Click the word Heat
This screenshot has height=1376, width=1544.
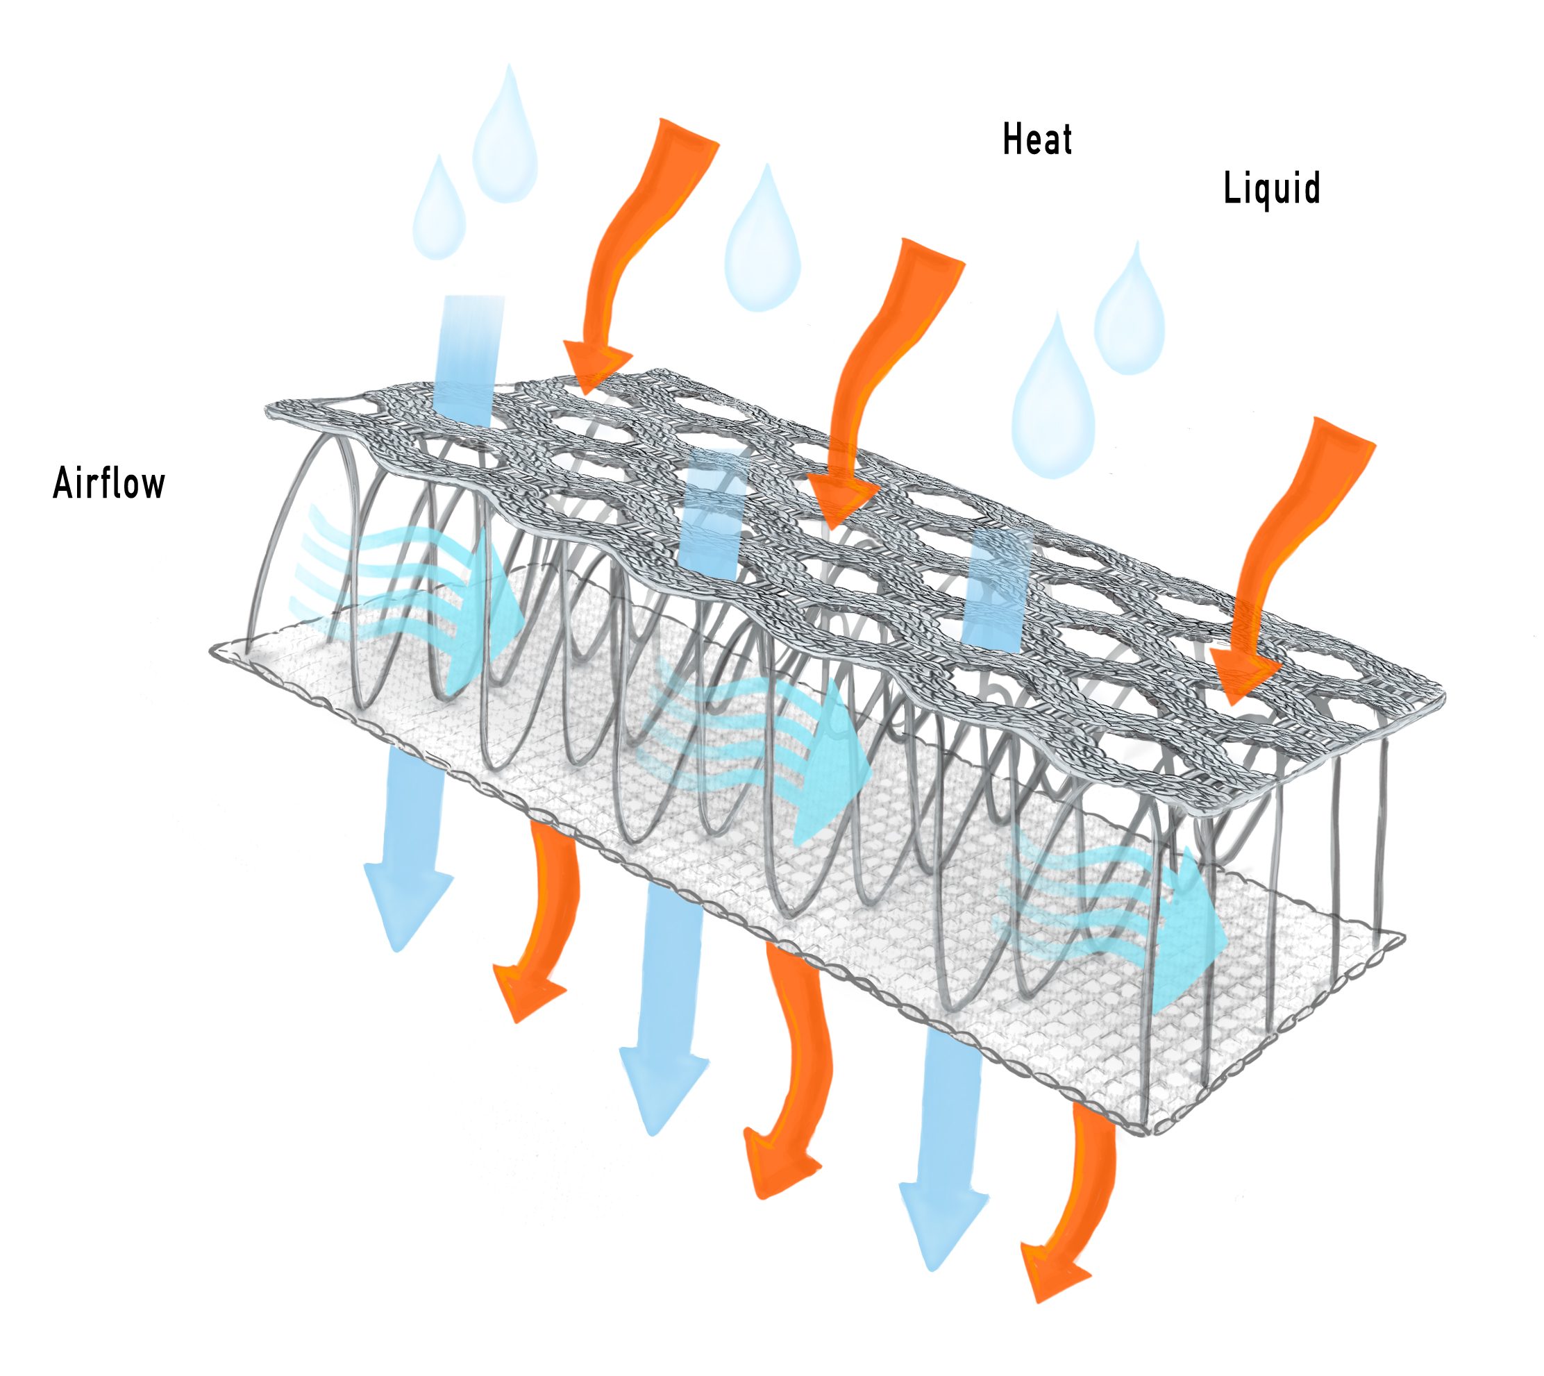pos(1037,140)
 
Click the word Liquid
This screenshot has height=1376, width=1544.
pos(1272,189)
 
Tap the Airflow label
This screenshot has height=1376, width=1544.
pos(109,483)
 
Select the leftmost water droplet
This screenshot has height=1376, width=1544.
pos(439,209)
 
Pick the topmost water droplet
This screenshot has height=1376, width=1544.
pos(505,136)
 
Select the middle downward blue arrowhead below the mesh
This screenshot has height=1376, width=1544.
pos(662,1089)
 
